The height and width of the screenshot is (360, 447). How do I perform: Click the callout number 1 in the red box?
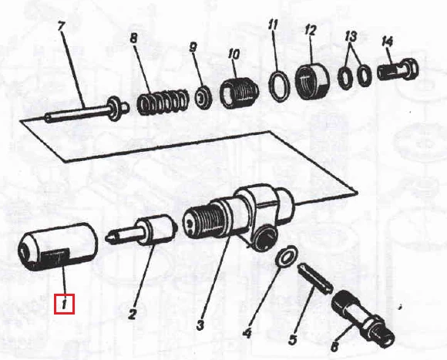[x=64, y=304]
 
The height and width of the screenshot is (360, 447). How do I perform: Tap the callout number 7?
[x=62, y=26]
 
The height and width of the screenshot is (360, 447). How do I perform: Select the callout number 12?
[x=310, y=30]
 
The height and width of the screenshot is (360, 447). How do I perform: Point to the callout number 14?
[x=387, y=42]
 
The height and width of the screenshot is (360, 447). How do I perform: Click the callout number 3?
[x=200, y=325]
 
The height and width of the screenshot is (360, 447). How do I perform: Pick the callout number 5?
[x=293, y=339]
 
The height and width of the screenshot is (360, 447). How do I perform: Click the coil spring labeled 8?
[x=163, y=102]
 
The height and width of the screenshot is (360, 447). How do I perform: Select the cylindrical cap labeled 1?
[x=58, y=247]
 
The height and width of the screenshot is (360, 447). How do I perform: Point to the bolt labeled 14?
[x=398, y=69]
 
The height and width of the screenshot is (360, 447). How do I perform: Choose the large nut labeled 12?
[x=312, y=81]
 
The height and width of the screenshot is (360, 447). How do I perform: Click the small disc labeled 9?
[x=203, y=97]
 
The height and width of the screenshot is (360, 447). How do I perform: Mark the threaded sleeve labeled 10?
[x=239, y=93]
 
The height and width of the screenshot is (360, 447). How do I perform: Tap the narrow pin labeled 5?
[x=315, y=279]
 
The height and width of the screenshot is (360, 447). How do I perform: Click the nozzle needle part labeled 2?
[x=142, y=230]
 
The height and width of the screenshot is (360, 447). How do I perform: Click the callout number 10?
[x=234, y=55]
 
